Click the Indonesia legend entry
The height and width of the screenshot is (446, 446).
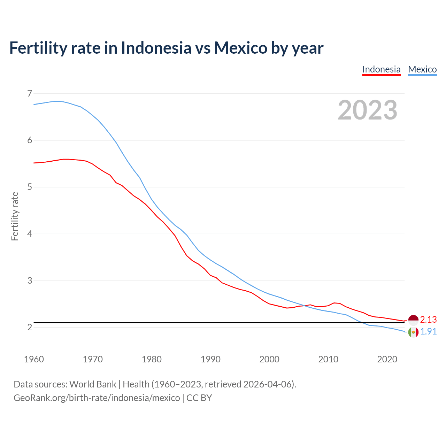(381, 69)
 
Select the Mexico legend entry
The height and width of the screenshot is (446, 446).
(422, 69)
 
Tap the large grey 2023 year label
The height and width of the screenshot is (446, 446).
(368, 110)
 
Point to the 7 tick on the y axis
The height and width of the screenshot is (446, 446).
(29, 93)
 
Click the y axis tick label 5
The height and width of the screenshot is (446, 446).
(29, 187)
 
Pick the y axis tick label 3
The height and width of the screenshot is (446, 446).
(29, 280)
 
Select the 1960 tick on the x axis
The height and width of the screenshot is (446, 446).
(34, 359)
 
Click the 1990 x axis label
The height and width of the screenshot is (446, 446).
(210, 359)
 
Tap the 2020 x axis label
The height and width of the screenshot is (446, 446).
(387, 359)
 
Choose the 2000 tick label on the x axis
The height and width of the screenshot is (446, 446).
(269, 359)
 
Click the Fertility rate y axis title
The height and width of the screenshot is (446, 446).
(15, 216)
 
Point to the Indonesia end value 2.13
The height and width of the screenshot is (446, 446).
(428, 320)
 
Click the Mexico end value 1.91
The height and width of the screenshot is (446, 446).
(428, 331)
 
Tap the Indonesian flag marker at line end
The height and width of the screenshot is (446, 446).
(413, 320)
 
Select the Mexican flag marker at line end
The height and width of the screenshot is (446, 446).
(413, 332)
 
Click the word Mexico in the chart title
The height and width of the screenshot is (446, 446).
(240, 48)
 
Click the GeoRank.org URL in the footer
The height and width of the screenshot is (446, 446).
(97, 398)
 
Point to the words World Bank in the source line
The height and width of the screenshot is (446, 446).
(93, 384)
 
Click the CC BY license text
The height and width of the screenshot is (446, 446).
(199, 398)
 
